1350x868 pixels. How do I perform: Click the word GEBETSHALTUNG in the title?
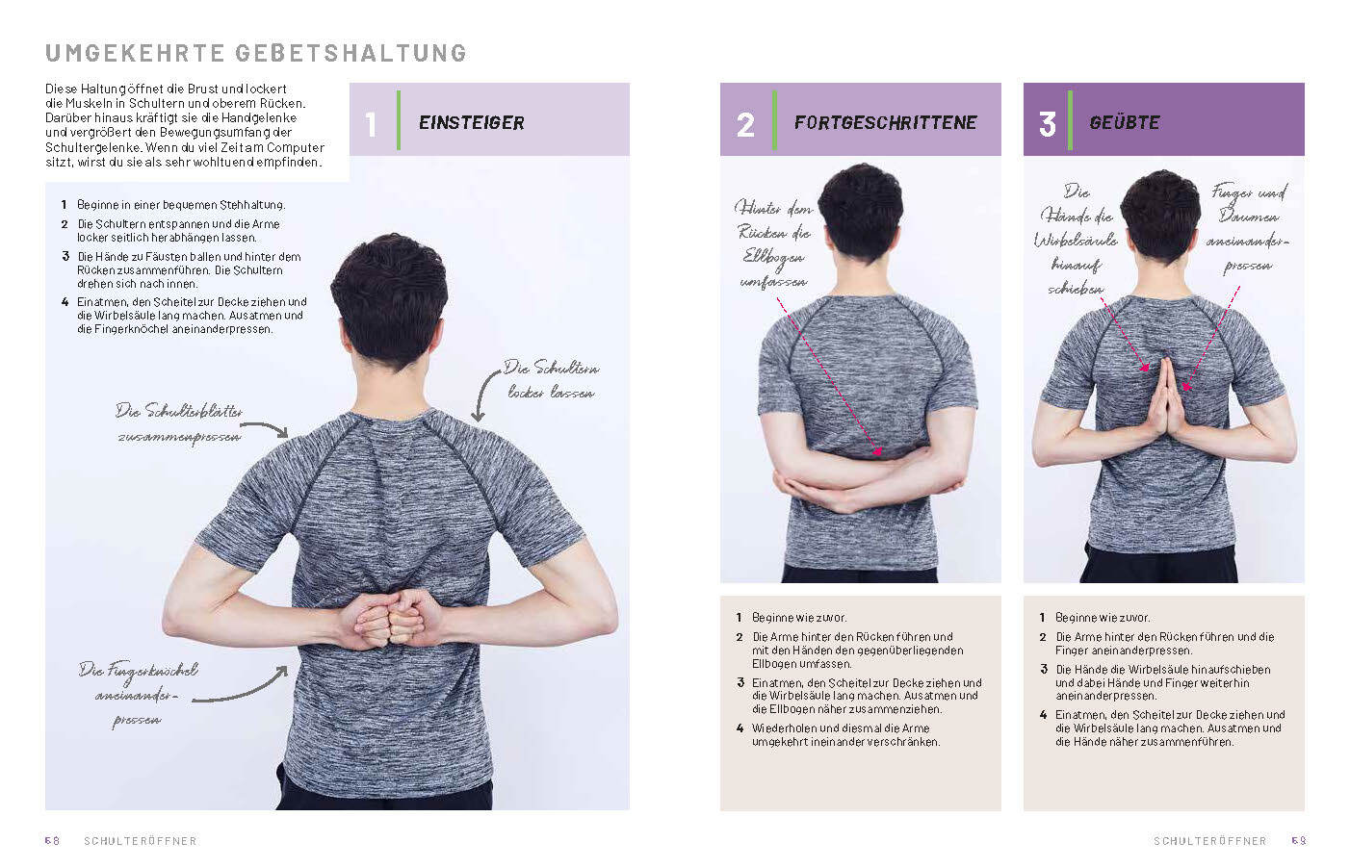coord(350,53)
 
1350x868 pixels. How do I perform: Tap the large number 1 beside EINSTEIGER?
coord(371,125)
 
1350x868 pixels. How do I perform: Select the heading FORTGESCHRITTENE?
coord(885,123)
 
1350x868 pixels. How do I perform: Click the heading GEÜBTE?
coord(1124,122)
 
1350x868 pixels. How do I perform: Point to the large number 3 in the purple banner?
coord(1048,125)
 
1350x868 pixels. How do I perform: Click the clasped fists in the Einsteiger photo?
coord(391,619)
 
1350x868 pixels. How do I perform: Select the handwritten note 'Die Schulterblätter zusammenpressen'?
coord(179,424)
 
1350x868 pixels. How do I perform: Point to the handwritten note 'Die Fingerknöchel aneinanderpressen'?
coord(138,696)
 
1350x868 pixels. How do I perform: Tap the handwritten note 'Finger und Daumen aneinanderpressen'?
coord(1248,229)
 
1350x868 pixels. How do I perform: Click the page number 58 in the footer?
coord(52,840)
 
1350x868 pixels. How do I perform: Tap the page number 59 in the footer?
coord(1299,840)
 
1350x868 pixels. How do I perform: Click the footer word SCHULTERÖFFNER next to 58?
coord(141,841)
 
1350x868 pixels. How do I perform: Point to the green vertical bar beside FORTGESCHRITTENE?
coord(774,120)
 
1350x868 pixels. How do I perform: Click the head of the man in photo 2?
coord(862,211)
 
